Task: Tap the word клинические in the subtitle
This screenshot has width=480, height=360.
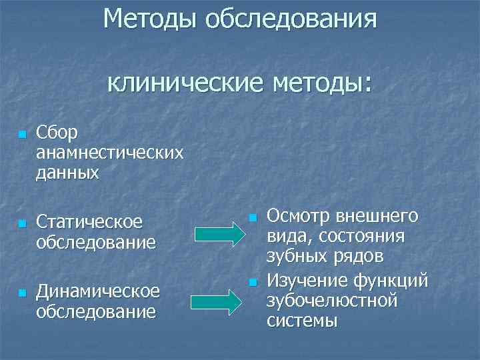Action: pos(185,84)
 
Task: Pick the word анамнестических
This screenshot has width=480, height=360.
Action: pos(110,153)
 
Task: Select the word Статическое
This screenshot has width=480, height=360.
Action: pos(89,221)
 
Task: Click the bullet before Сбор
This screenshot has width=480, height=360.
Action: pos(22,135)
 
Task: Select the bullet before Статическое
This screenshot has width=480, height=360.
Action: pos(22,223)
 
